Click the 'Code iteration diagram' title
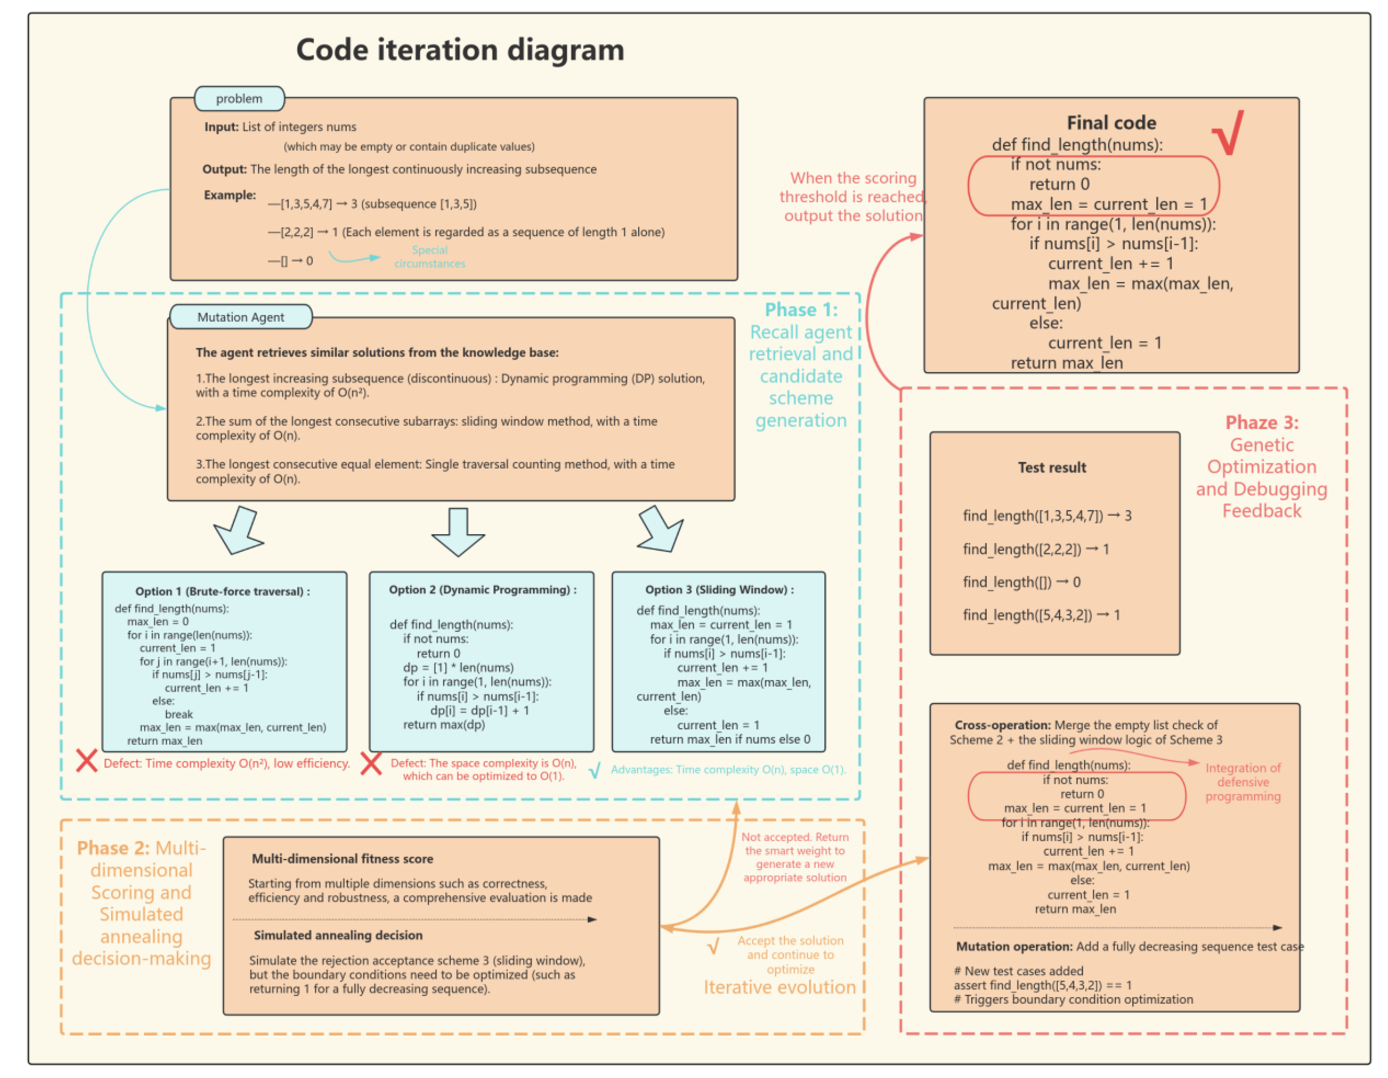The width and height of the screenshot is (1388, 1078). pos(460,50)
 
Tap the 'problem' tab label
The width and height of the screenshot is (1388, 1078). pos(239,99)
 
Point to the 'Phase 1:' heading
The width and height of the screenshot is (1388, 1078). pos(801,310)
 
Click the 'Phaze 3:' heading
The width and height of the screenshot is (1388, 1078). pos(1262,423)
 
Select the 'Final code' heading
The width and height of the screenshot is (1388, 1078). pos(1111,123)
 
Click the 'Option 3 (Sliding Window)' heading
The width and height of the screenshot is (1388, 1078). pos(719,590)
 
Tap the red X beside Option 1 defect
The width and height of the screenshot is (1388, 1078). pos(86,761)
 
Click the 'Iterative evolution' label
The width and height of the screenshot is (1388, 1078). pos(779,987)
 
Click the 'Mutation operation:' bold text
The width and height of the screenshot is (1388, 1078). pos(1014,946)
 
